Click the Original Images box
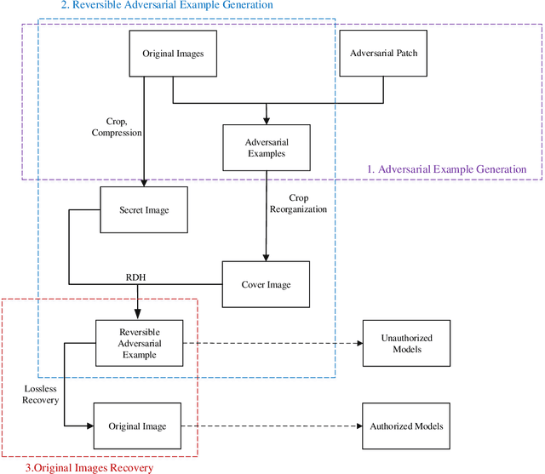click(173, 54)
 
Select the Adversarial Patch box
click(384, 53)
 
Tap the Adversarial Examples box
click(267, 147)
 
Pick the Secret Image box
click(145, 210)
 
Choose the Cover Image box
click(266, 284)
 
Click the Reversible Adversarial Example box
click(140, 343)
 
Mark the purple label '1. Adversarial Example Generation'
click(446, 168)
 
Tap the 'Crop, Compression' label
click(117, 128)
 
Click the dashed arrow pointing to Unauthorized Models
click(272, 343)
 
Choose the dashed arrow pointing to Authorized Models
click(272, 425)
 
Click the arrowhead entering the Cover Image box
click(267, 256)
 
